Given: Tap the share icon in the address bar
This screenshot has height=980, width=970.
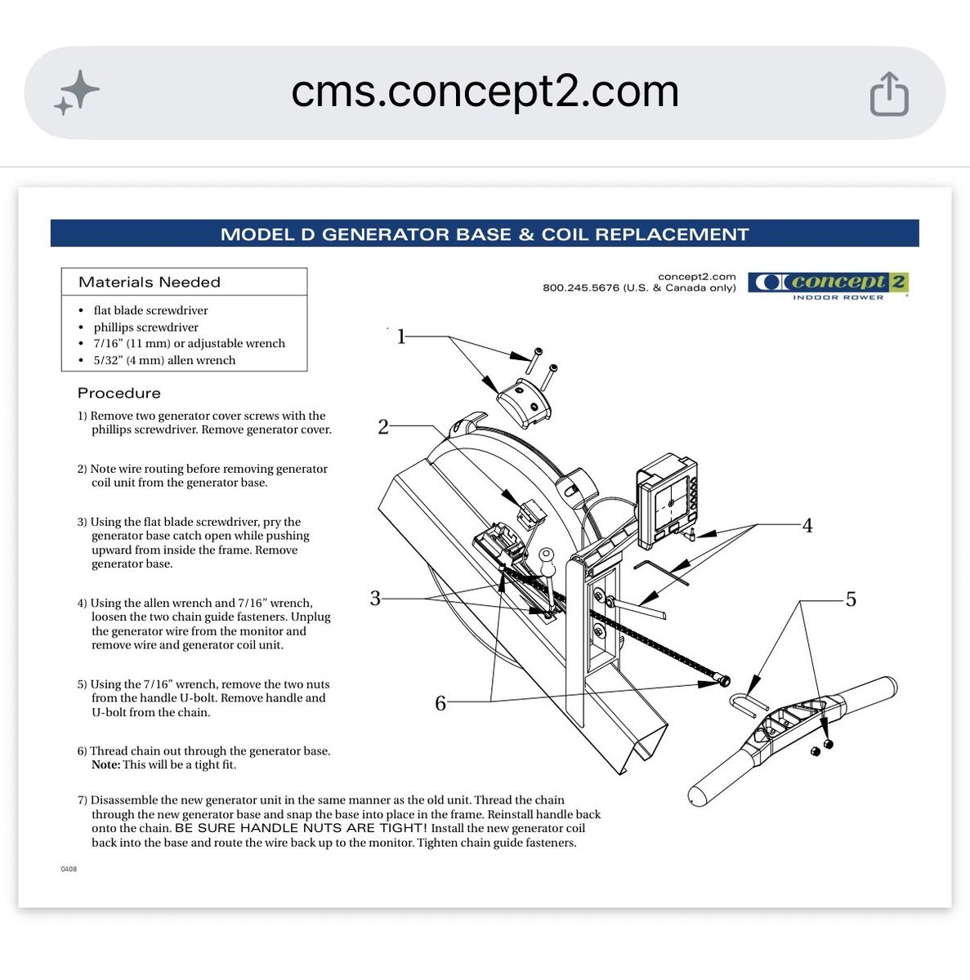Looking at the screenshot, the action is (x=889, y=94).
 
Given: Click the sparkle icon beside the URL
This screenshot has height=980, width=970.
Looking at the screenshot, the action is (x=77, y=92).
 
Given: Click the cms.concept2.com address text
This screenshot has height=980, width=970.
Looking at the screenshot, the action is (x=485, y=92).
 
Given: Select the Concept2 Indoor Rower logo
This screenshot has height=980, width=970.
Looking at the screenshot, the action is (x=828, y=287).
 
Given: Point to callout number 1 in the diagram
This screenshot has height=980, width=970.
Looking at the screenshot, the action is (x=401, y=336).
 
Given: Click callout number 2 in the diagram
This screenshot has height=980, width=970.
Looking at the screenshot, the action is (x=383, y=426).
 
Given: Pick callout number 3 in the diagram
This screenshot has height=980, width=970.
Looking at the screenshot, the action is (x=375, y=598).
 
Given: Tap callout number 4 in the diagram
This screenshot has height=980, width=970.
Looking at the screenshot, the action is (x=807, y=525).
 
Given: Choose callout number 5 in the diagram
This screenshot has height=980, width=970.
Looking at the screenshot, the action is (x=851, y=599).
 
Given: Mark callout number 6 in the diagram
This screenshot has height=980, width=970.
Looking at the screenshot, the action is (x=440, y=703).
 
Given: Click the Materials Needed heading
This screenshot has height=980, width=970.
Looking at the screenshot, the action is (x=149, y=283).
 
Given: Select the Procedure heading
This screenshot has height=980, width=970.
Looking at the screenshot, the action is (x=119, y=393).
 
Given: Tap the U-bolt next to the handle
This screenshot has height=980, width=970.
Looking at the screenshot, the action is (x=749, y=704).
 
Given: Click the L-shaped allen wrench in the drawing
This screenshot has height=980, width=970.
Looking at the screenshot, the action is (x=660, y=572).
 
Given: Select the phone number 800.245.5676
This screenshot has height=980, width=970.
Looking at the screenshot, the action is (x=581, y=287).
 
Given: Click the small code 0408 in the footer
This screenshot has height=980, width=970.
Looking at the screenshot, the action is (x=69, y=869).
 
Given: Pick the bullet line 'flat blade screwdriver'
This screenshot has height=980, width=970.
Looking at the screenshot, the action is (x=150, y=310).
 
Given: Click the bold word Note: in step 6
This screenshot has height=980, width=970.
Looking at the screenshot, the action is (x=106, y=765).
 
